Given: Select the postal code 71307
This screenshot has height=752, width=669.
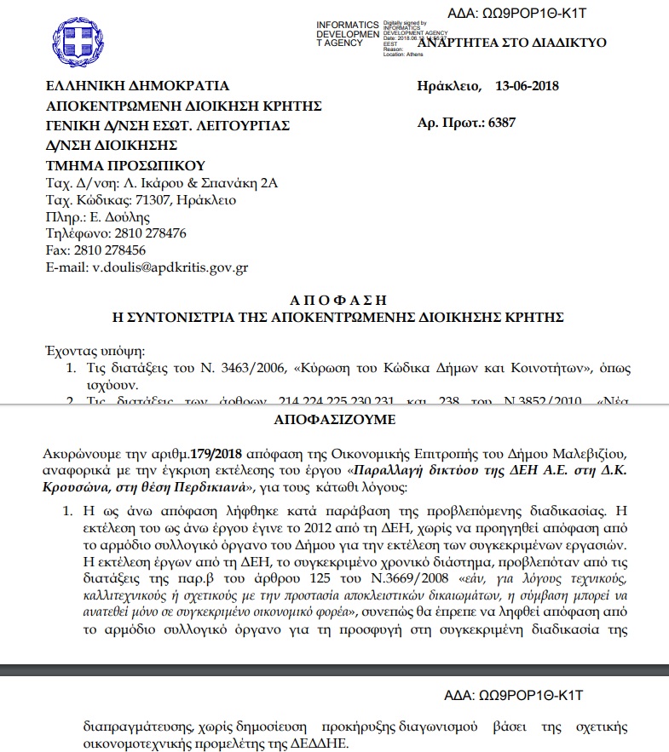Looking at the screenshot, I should [151, 200].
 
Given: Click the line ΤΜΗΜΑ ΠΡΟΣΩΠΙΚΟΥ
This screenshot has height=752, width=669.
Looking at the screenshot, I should [126, 164].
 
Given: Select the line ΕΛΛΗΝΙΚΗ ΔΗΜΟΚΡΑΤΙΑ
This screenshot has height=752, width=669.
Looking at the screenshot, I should [137, 86].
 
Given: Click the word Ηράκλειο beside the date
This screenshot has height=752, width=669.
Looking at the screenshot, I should [448, 86].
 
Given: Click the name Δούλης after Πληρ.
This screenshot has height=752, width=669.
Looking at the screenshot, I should [125, 216].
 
